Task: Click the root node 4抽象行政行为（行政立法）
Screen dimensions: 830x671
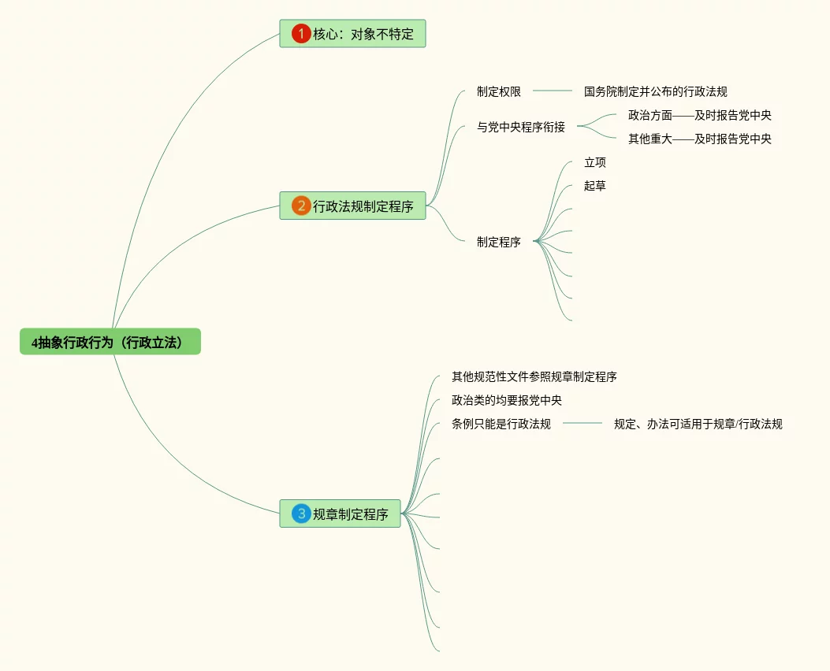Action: coord(110,342)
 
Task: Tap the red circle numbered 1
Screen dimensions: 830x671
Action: coord(300,34)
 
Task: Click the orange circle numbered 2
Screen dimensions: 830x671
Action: coord(300,206)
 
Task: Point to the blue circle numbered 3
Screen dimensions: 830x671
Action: coord(300,514)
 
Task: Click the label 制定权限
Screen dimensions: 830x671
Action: coord(498,91)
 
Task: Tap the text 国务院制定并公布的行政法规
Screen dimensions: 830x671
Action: coord(661,91)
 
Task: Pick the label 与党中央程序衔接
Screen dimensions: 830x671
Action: coord(520,127)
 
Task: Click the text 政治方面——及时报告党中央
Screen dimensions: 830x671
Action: coord(699,115)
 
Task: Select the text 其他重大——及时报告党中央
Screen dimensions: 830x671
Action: coord(699,139)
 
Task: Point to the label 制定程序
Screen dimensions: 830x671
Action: coord(498,242)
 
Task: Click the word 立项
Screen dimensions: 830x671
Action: coord(595,162)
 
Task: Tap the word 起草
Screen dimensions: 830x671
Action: coord(595,186)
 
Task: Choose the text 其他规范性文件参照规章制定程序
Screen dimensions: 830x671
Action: coord(534,376)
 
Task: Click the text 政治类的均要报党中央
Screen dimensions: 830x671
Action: coord(506,400)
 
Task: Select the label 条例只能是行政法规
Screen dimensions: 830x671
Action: coord(501,424)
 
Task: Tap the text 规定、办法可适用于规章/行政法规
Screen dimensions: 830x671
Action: coord(698,424)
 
